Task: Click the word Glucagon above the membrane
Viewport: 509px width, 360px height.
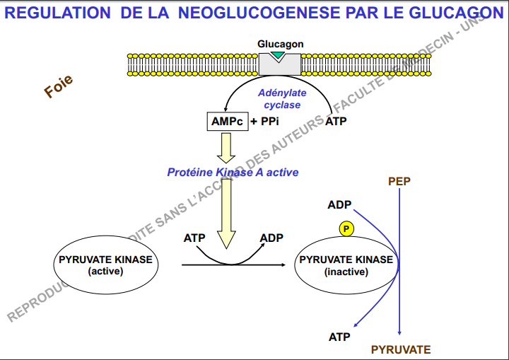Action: pyautogui.click(x=281, y=45)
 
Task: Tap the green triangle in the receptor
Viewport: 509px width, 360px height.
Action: pyautogui.click(x=281, y=55)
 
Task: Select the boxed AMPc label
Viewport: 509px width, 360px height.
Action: pyautogui.click(x=227, y=122)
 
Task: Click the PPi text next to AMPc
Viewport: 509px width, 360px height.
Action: pyautogui.click(x=269, y=122)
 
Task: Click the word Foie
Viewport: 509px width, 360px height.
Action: pyautogui.click(x=59, y=87)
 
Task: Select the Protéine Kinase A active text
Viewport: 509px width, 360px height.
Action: pyautogui.click(x=233, y=172)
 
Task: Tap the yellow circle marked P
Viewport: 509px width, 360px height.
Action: pyautogui.click(x=346, y=228)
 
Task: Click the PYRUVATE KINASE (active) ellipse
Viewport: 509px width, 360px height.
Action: pyautogui.click(x=105, y=265)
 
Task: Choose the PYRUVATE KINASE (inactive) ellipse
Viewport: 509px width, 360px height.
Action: pyautogui.click(x=346, y=265)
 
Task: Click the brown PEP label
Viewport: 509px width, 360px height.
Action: pyautogui.click(x=399, y=182)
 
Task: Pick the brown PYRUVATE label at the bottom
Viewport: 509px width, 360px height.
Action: pyautogui.click(x=401, y=349)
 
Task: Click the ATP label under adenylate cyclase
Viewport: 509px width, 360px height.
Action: pyautogui.click(x=336, y=122)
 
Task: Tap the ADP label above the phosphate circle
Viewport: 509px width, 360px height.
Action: pyautogui.click(x=339, y=205)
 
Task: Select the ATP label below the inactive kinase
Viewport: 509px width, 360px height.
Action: pyautogui.click(x=339, y=337)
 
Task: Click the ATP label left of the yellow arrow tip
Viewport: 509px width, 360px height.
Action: pyautogui.click(x=194, y=238)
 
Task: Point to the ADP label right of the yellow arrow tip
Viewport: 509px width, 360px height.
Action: pyautogui.click(x=271, y=238)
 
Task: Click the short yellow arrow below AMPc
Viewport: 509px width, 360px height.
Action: pyautogui.click(x=227, y=146)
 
